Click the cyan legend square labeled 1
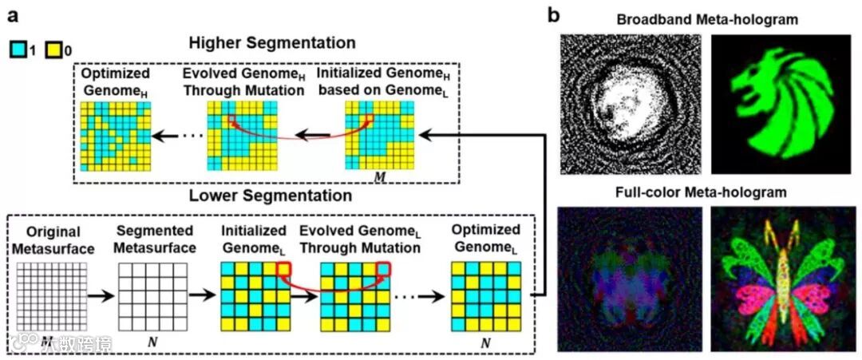click(17, 50)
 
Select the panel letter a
click(10, 14)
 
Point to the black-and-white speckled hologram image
click(631, 104)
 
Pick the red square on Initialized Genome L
click(286, 268)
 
